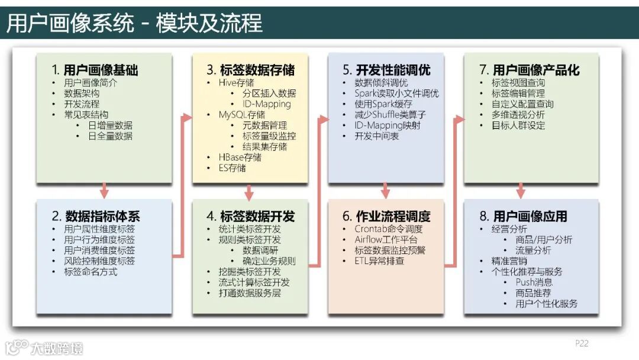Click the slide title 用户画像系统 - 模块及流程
point(134,23)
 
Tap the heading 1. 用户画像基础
point(95,70)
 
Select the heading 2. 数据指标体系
point(96,216)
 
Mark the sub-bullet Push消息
point(534,282)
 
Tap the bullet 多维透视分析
point(518,115)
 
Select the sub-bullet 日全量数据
point(111,136)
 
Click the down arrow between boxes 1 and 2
point(105,191)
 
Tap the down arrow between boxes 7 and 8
point(521,191)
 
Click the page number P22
point(582,343)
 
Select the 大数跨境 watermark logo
point(44,347)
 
